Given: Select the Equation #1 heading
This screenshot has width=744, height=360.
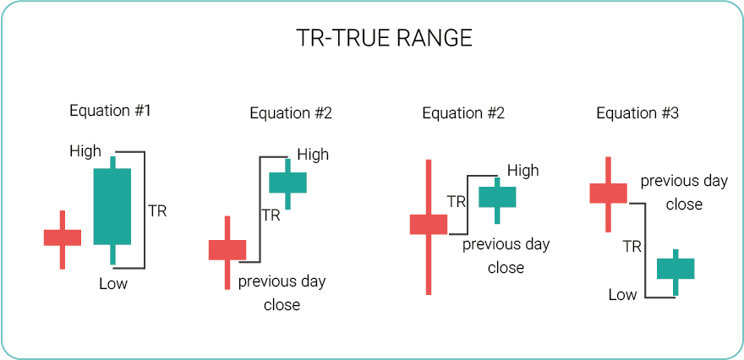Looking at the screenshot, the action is coord(110,111).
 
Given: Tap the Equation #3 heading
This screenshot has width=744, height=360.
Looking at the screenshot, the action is coord(637,113).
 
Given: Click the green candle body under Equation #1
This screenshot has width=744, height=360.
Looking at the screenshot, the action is coord(112,206).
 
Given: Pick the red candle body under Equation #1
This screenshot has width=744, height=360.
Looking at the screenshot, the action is coord(63,237).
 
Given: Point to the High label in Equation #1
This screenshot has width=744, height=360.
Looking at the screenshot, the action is coord(85,151).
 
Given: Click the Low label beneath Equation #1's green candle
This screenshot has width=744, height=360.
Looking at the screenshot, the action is coord(113,284).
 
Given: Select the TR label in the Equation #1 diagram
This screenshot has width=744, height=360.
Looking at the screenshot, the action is coord(157,210).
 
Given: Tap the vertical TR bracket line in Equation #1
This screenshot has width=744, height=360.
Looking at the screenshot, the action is coord(145,210).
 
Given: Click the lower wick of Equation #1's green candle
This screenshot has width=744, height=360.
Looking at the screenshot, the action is coord(112,254).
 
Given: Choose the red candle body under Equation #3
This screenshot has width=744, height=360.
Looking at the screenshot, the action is coord(608,193).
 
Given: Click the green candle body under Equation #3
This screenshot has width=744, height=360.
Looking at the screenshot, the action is coord(676,269).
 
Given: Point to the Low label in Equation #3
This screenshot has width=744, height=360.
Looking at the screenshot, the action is coord(622,295).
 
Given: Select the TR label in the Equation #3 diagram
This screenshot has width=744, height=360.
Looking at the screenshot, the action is coord(632,247).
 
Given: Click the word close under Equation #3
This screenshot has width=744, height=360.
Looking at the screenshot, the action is coord(684,204).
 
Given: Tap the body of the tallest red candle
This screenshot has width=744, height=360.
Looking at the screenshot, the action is coord(429,224).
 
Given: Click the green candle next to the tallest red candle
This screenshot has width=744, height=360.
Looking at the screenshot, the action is coord(497,197).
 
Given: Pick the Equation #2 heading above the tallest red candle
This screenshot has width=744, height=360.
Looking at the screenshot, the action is coord(463,113).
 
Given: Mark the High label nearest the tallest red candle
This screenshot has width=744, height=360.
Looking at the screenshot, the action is coord(523,170).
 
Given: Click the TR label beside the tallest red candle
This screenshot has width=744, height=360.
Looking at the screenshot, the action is coord(457,202).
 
